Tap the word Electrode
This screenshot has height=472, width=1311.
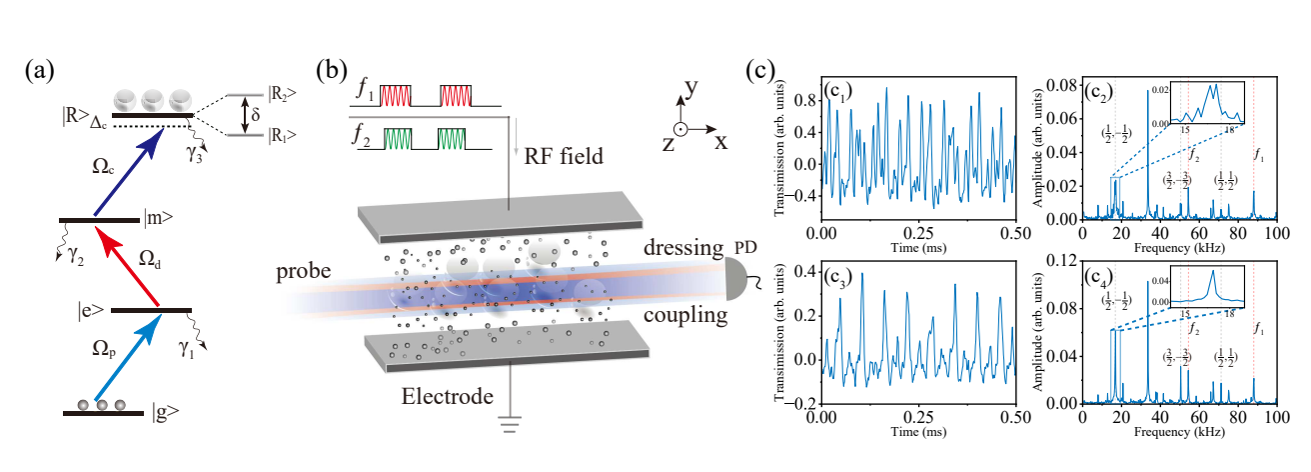click(448, 396)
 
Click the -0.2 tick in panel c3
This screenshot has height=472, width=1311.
click(799, 403)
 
